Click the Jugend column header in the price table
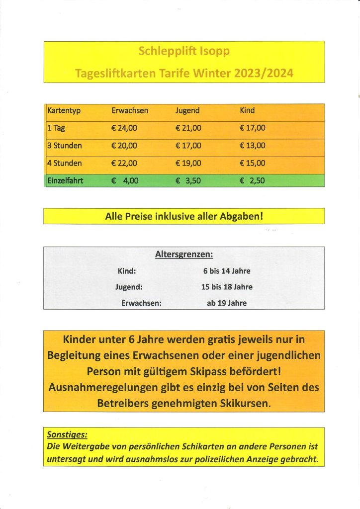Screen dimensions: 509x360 click(187, 110)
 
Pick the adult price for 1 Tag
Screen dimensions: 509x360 click(124, 128)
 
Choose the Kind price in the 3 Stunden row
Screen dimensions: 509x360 click(252, 146)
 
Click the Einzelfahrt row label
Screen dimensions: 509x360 click(65, 181)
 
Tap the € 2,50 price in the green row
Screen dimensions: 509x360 click(252, 181)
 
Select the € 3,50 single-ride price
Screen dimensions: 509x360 click(188, 181)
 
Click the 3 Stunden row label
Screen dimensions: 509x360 click(65, 146)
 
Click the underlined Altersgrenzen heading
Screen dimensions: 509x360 click(184, 255)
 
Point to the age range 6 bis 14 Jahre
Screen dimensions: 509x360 click(227, 271)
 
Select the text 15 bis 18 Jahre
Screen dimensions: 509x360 click(227, 287)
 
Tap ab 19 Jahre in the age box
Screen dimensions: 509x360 click(227, 303)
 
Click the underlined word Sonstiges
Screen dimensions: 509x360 click(67, 434)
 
